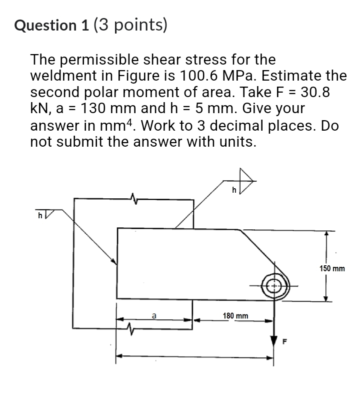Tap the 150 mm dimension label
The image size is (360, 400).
[332, 269]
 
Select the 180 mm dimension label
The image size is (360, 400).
[235, 316]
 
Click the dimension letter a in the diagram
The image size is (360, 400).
[154, 315]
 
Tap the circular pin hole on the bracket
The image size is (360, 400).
[274, 286]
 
